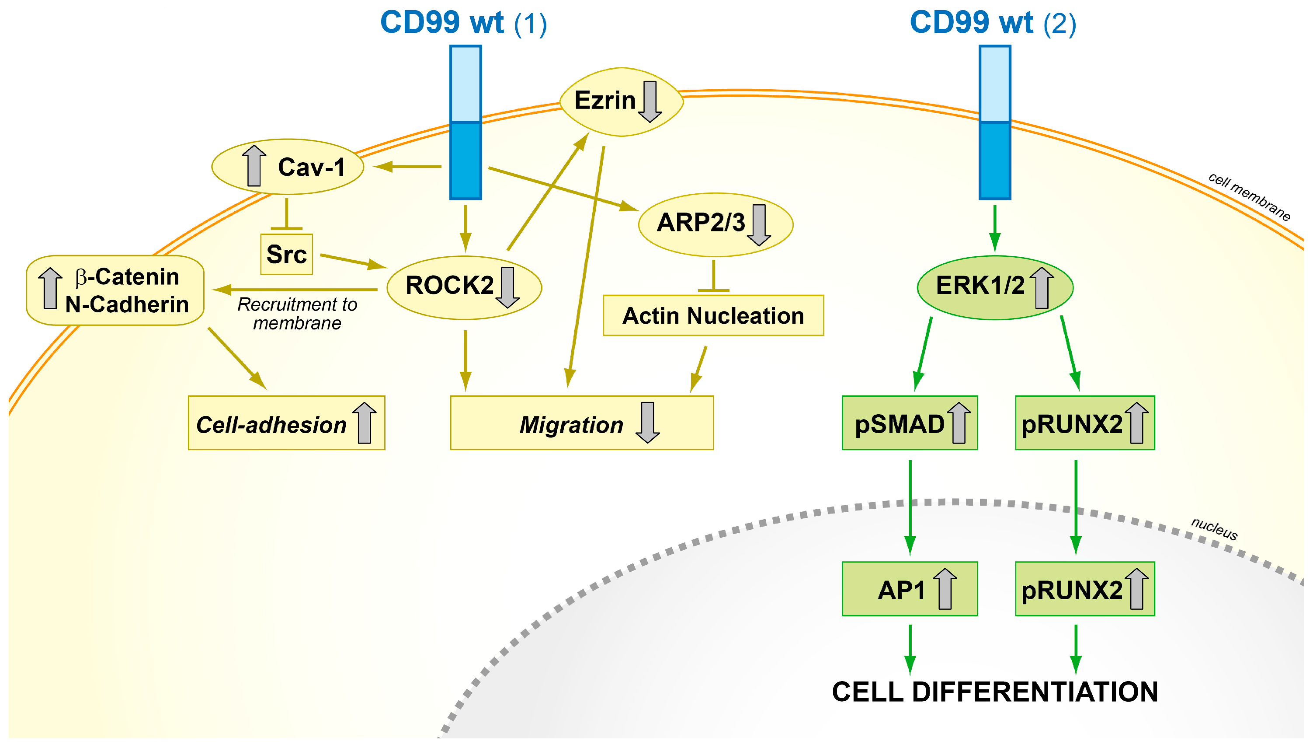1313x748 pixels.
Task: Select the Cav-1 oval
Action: pyautogui.click(x=288, y=167)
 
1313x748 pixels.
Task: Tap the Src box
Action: pyautogui.click(x=286, y=254)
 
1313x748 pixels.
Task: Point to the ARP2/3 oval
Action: pyautogui.click(x=715, y=224)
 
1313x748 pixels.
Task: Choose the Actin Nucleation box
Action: pyautogui.click(x=712, y=315)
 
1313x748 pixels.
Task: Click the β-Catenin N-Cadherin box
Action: pyautogui.click(x=115, y=290)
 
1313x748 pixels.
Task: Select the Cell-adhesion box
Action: pyautogui.click(x=286, y=423)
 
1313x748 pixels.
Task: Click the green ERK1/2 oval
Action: pyautogui.click(x=994, y=287)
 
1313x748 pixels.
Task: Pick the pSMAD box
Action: pyautogui.click(x=909, y=423)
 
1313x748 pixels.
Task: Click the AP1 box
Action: pyautogui.click(x=909, y=589)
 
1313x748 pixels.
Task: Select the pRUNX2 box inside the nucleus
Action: pyautogui.click(x=1084, y=589)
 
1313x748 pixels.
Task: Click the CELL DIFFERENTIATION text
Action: pyautogui.click(x=994, y=692)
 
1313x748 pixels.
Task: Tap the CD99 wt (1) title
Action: pyautogui.click(x=463, y=23)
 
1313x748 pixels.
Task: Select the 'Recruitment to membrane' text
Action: pyautogui.click(x=297, y=313)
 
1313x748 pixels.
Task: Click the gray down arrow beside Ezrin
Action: pyautogui.click(x=650, y=101)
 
